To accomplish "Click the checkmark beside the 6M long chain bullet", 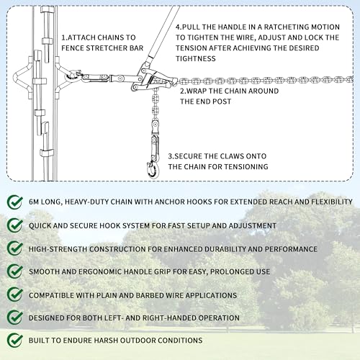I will pyautogui.click(x=14, y=203).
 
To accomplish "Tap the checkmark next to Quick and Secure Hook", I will pyautogui.click(x=14, y=225).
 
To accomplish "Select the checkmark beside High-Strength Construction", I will pyautogui.click(x=14, y=248).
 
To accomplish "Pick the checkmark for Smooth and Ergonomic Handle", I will pyautogui.click(x=14, y=271).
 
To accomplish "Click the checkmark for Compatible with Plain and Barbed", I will pyautogui.click(x=14, y=294).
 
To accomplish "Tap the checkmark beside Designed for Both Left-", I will pyautogui.click(x=14, y=318).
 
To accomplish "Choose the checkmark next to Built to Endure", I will pyautogui.click(x=14, y=340).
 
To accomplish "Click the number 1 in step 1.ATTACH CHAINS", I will pyautogui.click(x=63, y=36).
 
